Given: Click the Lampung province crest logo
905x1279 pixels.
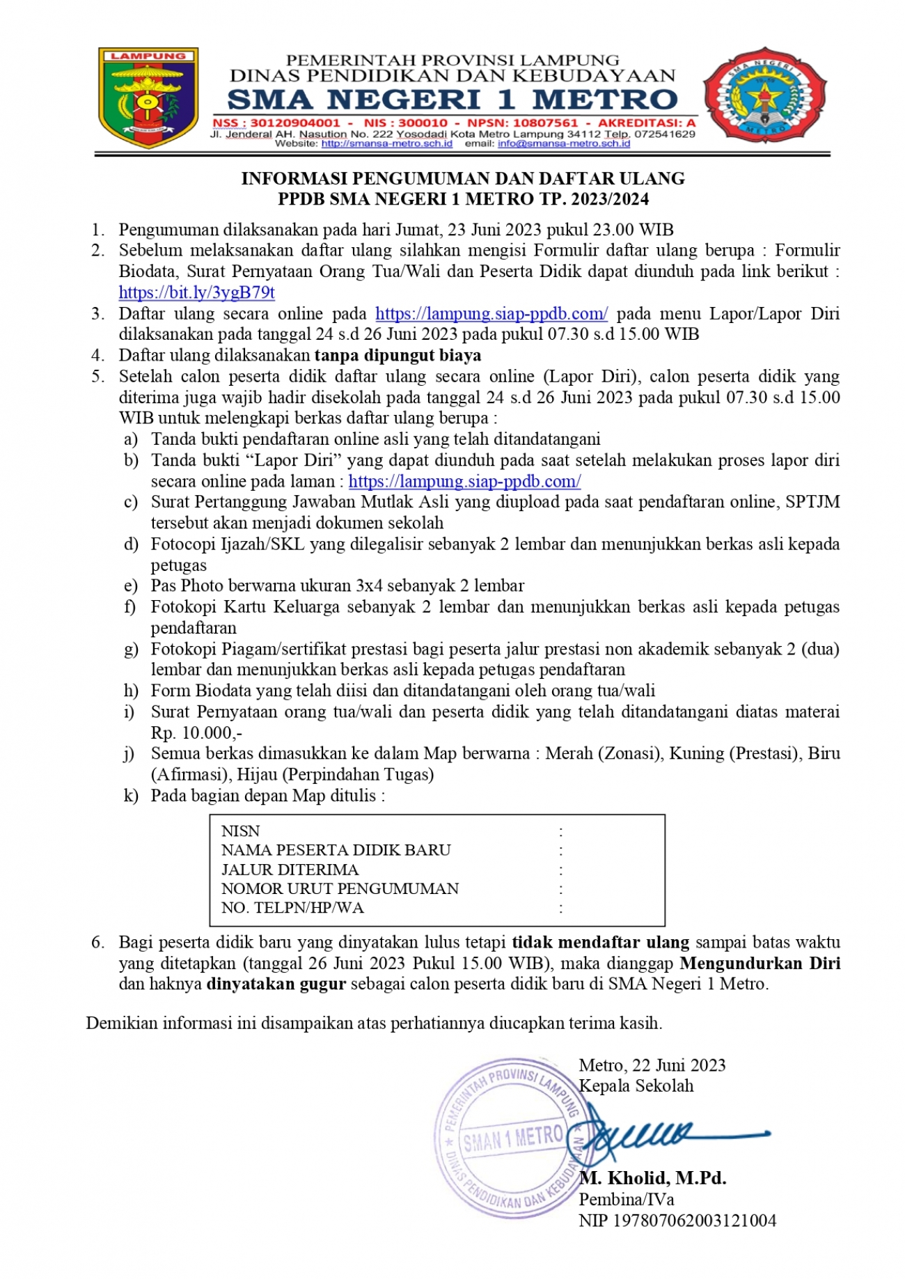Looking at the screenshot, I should click(148, 97).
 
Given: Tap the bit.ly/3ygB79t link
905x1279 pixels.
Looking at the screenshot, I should click(197, 292).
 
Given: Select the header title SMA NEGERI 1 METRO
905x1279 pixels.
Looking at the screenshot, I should click(452, 100).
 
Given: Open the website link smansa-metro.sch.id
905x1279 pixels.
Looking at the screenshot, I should click(387, 143).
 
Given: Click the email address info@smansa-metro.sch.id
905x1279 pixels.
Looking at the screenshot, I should click(564, 143).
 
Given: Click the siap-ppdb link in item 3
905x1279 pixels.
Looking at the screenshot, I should click(491, 313).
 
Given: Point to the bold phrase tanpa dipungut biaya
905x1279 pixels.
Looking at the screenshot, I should click(398, 355).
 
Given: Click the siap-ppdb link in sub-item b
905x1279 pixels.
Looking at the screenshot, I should click(464, 481).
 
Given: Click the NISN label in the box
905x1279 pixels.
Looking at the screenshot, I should click(240, 831).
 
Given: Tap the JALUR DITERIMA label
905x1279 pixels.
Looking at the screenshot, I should click(290, 870).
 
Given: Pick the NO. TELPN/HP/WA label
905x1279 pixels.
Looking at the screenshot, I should click(292, 908).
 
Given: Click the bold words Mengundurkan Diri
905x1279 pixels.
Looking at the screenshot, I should click(760, 963).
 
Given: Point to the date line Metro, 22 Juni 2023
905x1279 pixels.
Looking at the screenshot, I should click(652, 1065).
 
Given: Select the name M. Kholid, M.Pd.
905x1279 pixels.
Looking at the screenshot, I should click(653, 1178).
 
